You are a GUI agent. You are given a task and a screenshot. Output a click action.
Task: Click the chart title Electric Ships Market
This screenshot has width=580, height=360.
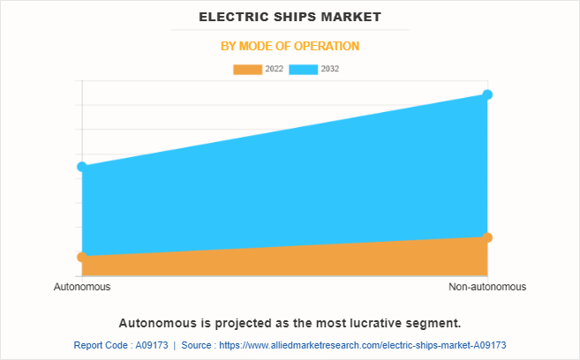[290, 17]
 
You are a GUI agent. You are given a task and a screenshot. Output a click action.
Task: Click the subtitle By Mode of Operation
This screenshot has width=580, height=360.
[290, 46]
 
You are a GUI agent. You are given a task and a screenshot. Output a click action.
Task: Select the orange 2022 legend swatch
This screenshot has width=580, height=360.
[248, 69]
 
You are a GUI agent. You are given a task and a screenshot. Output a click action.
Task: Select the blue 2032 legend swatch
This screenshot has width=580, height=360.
[304, 69]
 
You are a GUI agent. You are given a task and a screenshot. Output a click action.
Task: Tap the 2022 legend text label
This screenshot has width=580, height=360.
[274, 69]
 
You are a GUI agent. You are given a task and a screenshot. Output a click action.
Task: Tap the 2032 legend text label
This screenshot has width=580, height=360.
[330, 69]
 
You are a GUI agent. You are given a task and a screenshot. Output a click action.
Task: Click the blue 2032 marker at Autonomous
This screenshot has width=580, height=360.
[82, 167]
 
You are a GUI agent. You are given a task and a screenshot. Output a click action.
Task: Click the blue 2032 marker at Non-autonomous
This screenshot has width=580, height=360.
[487, 94]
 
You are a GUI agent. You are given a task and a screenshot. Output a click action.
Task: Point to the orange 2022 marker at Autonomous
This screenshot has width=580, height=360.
[82, 257]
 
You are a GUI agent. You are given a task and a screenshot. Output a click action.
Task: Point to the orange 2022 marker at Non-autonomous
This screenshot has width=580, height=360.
[487, 237]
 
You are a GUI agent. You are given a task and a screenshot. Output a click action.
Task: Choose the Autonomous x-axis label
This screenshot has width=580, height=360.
[82, 288]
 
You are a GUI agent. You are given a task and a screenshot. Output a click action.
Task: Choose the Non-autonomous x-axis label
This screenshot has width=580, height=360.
[487, 288]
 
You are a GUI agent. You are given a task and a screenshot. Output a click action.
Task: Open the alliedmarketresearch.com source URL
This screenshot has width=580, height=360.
[372, 345]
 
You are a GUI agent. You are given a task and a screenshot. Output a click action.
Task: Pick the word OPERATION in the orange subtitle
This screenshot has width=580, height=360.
[327, 46]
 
